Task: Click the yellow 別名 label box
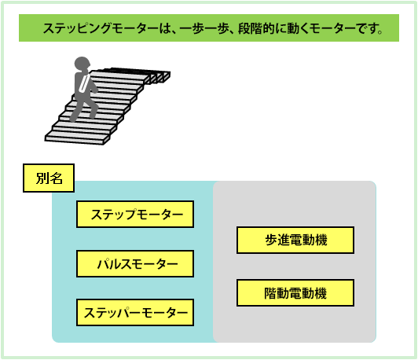tap(49, 178)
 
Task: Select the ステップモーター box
tap(135, 214)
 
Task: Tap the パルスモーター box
tap(135, 264)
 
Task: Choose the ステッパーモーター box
tap(135, 313)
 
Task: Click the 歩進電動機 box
tap(295, 240)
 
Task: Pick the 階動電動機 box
tap(295, 293)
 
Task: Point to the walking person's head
tap(82, 64)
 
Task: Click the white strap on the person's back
tap(84, 83)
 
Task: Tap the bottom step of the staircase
tap(77, 139)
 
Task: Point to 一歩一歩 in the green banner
tap(204, 28)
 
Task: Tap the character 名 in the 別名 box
tap(57, 178)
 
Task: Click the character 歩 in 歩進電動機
tap(271, 240)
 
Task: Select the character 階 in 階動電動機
tap(270, 293)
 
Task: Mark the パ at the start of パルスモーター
tap(103, 264)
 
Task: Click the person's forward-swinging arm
tap(93, 86)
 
